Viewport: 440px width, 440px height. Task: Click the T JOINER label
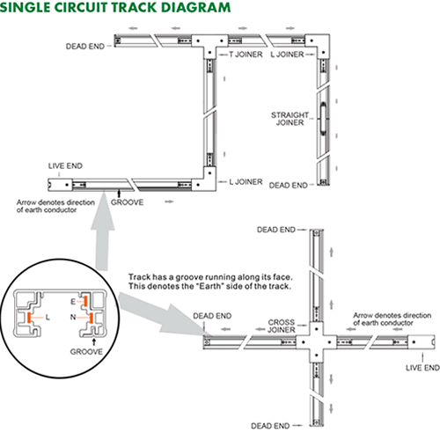tap(246, 55)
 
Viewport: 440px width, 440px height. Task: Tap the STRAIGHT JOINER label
tap(290, 119)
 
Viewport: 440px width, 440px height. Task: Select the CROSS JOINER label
tap(282, 326)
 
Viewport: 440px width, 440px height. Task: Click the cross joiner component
tap(317, 342)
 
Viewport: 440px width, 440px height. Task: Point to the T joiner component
tap(209, 44)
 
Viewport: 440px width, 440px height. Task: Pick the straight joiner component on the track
tap(323, 119)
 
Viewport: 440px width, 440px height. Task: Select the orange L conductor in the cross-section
tap(29, 318)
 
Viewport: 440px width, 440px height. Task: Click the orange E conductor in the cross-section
tap(85, 301)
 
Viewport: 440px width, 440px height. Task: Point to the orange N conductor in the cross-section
tap(92, 318)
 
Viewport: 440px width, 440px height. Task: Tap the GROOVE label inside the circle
tap(86, 352)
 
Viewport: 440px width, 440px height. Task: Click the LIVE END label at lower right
tap(422, 368)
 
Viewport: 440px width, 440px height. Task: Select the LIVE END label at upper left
tap(65, 166)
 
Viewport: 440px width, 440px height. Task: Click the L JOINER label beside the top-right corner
tap(287, 55)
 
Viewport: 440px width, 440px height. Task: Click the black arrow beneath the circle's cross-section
tap(94, 341)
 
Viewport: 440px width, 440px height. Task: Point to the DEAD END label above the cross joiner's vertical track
tap(276, 230)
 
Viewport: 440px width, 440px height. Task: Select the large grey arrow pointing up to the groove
tap(103, 231)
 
